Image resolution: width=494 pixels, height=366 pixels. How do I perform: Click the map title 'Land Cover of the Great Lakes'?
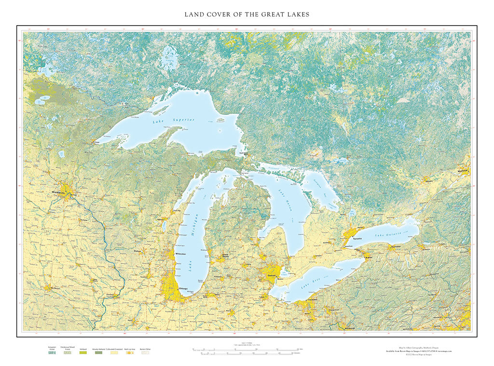click(x=247, y=14)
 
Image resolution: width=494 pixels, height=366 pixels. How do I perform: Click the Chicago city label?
click(x=183, y=289)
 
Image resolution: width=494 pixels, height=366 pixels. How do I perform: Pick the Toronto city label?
click(x=357, y=239)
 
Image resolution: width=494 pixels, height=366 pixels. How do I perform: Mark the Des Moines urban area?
click(x=48, y=288)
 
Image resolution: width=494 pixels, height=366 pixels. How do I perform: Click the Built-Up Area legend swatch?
click(x=129, y=352)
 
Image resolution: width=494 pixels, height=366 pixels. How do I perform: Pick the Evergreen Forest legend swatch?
click(x=52, y=352)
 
